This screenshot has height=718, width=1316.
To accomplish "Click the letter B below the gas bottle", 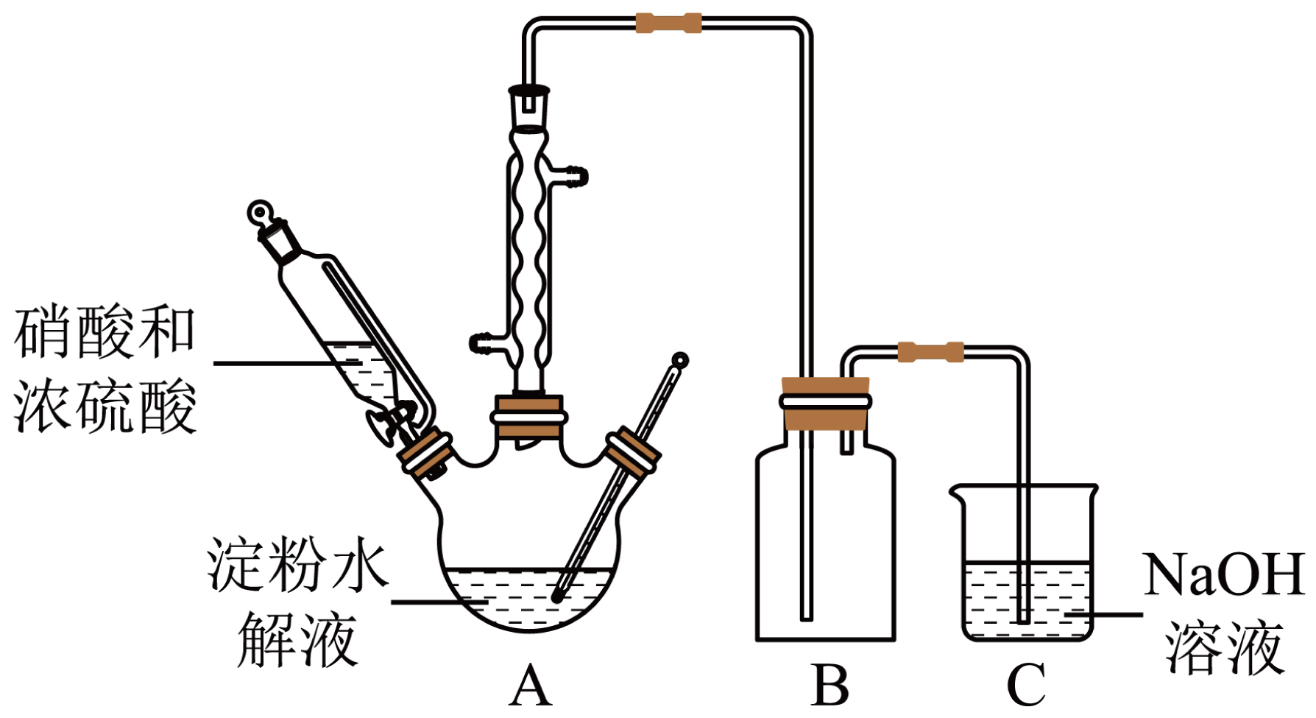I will tap(829, 686).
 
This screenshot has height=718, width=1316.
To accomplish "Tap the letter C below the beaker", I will tap(1026, 686).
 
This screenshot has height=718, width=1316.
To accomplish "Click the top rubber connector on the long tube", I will tap(668, 23).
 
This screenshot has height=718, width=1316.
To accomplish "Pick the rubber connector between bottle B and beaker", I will tap(930, 352).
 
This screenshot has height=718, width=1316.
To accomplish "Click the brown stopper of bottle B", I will tap(826, 404).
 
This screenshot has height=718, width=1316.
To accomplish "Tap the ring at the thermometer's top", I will tap(681, 361).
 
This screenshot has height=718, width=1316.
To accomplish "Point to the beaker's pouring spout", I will tap(957, 491).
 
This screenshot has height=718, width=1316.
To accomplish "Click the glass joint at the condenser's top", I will tap(528, 107).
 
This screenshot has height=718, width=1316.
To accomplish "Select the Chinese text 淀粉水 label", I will tap(297, 566).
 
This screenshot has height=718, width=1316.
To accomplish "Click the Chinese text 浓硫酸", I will tap(105, 406).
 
